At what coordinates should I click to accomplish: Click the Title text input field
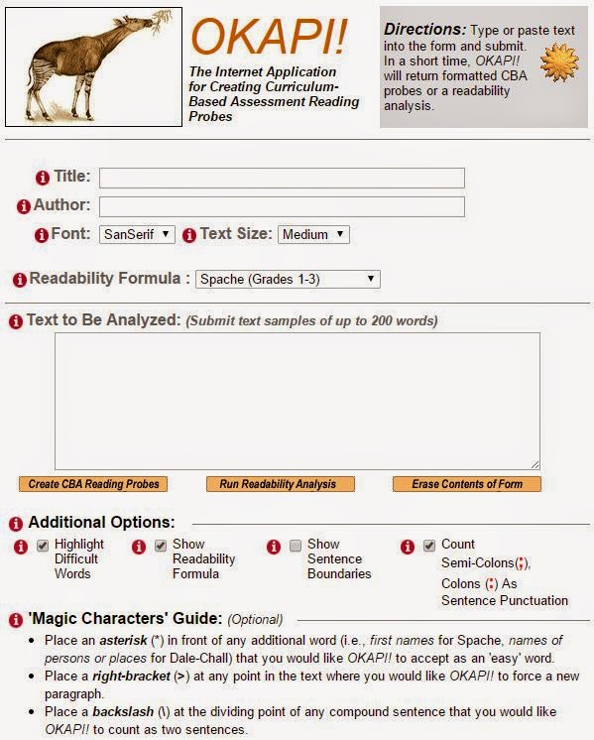(282, 179)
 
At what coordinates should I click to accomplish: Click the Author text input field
(282, 207)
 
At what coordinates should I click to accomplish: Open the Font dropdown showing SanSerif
(137, 235)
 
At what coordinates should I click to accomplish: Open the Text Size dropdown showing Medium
(313, 235)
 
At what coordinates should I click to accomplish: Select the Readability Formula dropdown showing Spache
(288, 280)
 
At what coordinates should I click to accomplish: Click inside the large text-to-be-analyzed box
(297, 400)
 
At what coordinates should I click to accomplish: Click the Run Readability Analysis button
(279, 484)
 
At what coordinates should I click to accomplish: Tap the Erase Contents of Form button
(467, 484)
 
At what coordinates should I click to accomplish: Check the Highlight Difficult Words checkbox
(43, 546)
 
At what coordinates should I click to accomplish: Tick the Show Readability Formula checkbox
(160, 546)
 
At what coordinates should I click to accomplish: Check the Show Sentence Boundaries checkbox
(296, 546)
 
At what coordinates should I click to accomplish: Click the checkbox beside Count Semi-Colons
(429, 546)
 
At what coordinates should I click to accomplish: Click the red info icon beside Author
(24, 207)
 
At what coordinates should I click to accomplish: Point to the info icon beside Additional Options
(16, 523)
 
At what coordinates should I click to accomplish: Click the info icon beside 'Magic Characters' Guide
(16, 620)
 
